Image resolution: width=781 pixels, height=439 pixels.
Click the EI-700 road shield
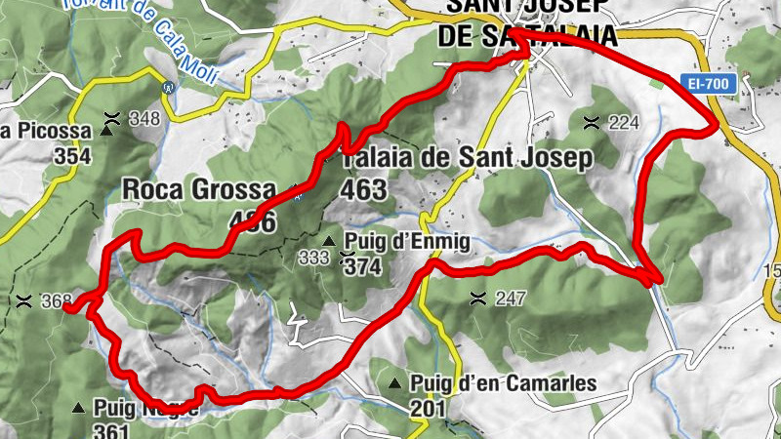pos(709,85)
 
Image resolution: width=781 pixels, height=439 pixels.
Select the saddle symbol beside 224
pos(592,122)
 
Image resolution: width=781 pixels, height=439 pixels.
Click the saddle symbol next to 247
pos(478,298)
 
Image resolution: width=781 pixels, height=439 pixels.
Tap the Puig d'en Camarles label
pos(504,383)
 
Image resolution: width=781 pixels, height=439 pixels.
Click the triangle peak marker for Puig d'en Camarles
pos(395,383)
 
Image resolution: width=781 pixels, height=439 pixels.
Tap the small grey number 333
pos(314,258)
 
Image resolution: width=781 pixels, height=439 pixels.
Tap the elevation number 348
pos(144,119)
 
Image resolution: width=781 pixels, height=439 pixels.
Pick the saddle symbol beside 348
pos(112,119)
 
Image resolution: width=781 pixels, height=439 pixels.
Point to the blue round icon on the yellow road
pos(170,87)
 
